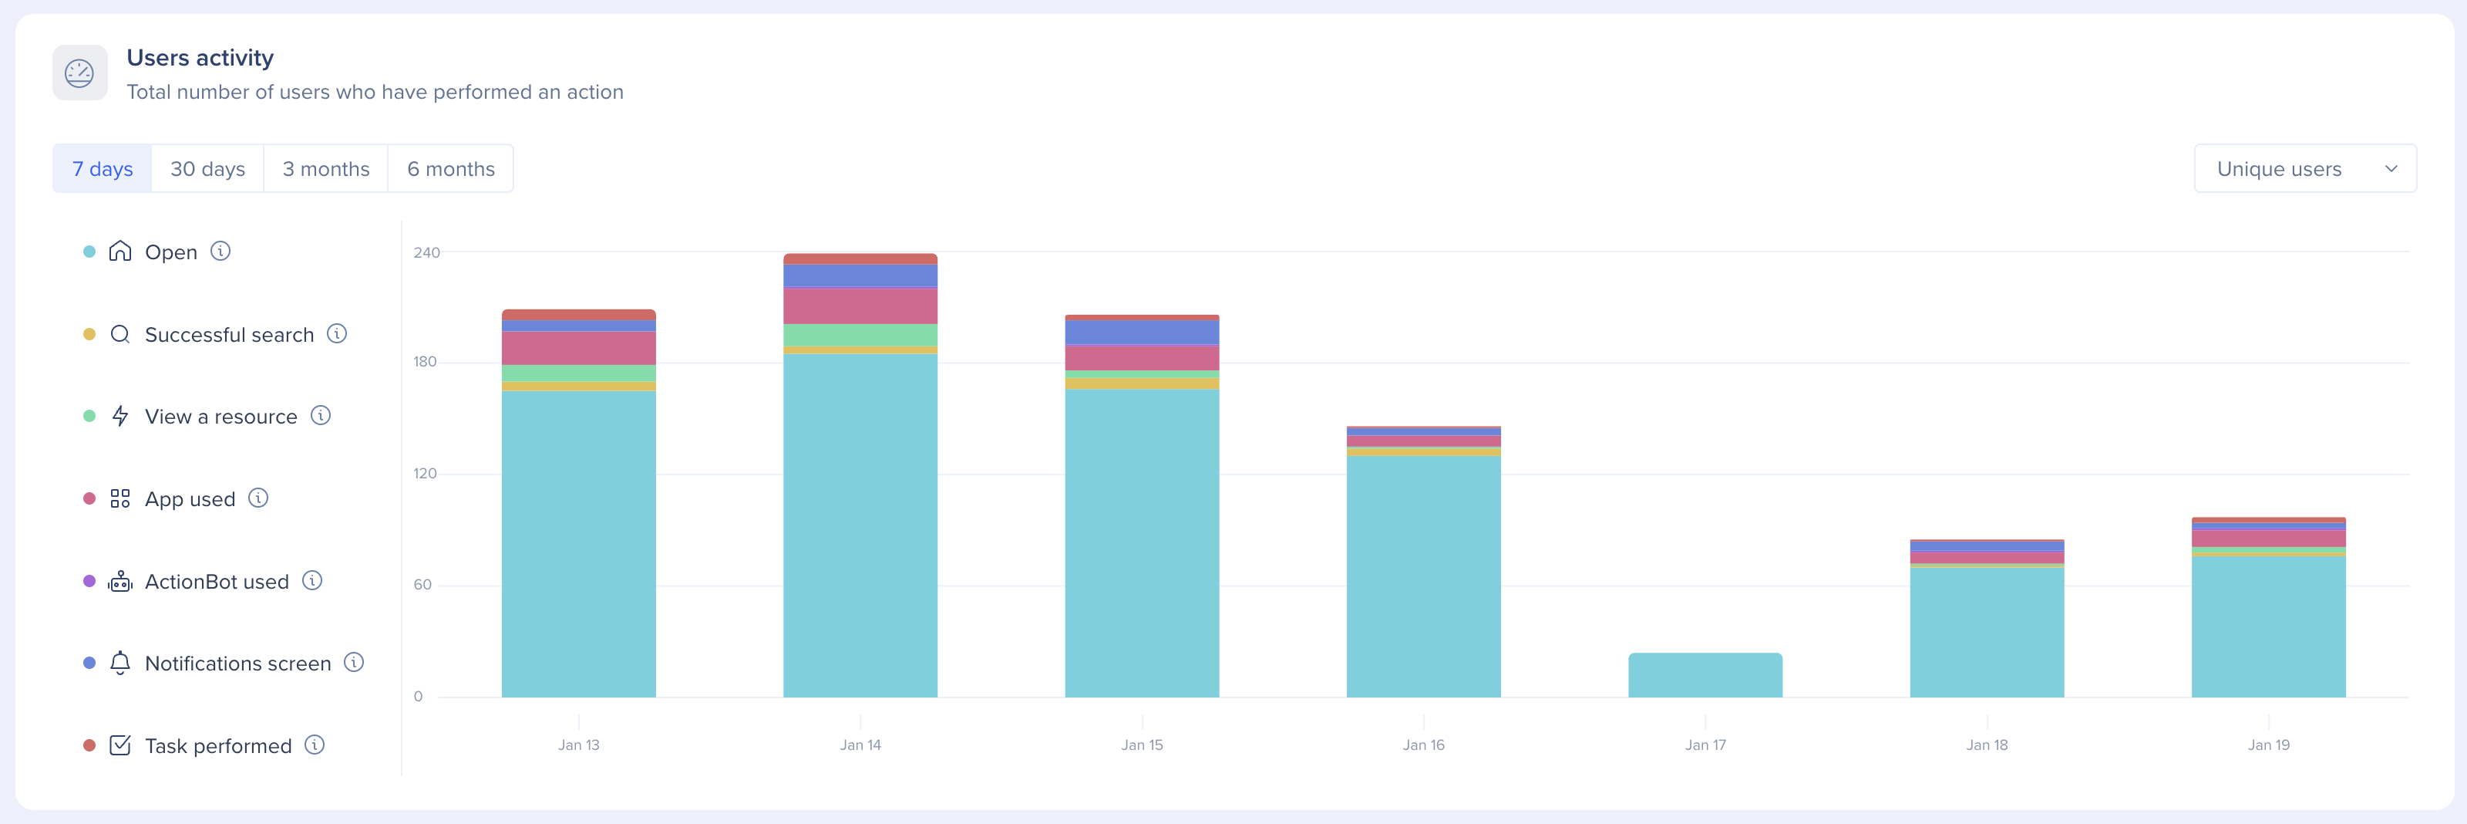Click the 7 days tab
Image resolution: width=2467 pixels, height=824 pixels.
(x=103, y=169)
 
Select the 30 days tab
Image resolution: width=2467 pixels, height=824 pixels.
(x=207, y=169)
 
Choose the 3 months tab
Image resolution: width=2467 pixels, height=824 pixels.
(x=325, y=169)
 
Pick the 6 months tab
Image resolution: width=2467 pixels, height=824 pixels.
(x=450, y=169)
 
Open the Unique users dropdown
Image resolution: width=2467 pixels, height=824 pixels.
(x=2304, y=169)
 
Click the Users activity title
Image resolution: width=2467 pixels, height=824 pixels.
(x=200, y=58)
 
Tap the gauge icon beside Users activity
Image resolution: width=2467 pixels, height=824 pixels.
(x=79, y=73)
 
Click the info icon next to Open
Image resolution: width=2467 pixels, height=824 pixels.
(x=220, y=251)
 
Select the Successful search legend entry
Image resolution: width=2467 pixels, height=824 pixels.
(x=229, y=334)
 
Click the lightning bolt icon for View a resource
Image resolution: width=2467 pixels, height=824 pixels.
(x=119, y=416)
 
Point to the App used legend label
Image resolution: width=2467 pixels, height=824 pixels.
(x=190, y=499)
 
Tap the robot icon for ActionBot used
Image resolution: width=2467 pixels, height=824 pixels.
(x=119, y=582)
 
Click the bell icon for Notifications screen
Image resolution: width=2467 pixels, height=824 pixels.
(x=119, y=663)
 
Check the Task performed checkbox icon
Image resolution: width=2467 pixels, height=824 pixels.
(x=119, y=745)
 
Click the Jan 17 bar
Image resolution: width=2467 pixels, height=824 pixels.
(x=1705, y=676)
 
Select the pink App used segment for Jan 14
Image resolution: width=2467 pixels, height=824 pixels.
(x=860, y=306)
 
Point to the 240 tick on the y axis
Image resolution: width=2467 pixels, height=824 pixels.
(x=426, y=253)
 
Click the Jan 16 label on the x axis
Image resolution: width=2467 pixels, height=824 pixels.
(x=1423, y=745)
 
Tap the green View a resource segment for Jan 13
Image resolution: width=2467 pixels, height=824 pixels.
(x=578, y=373)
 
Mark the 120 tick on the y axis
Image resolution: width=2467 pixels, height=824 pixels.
(x=426, y=473)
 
